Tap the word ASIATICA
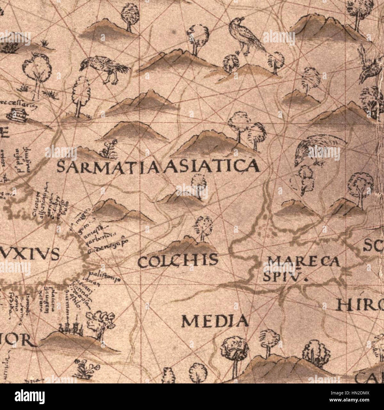pyautogui.click(x=213, y=166)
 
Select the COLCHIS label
pyautogui.click(x=178, y=261)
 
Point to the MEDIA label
pyautogui.click(x=215, y=321)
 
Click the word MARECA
pyautogui.click(x=304, y=261)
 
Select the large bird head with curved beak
pyautogui.click(x=313, y=150)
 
